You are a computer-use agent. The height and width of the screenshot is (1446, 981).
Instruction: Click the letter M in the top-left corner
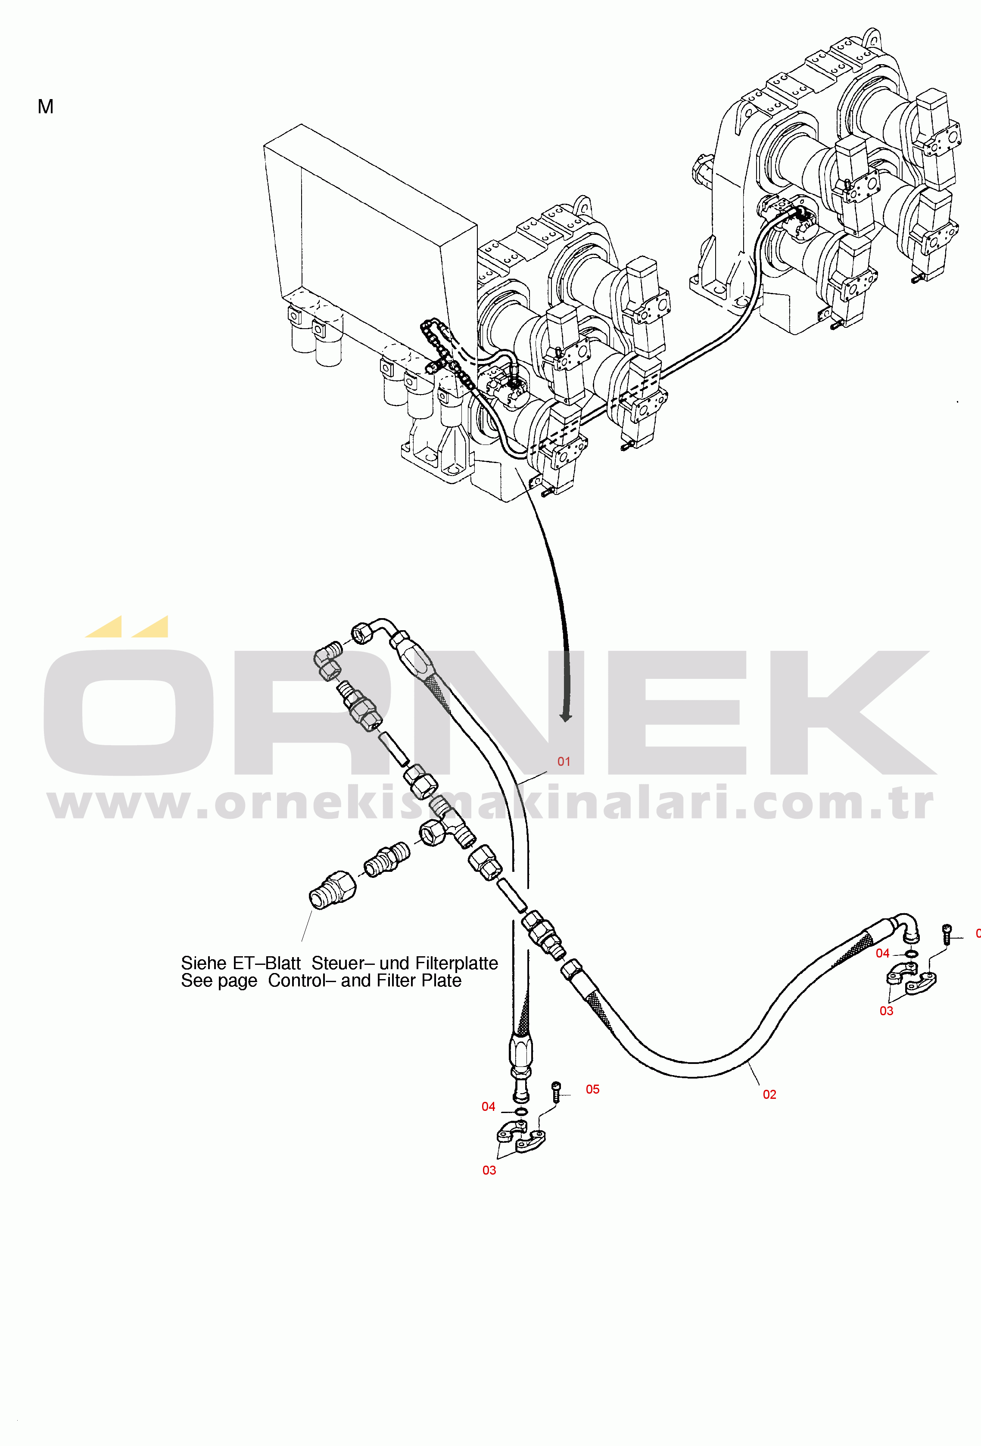[45, 107]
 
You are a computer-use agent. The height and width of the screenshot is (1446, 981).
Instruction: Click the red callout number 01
[564, 762]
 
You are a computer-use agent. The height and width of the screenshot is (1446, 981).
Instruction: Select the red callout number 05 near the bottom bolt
[592, 1089]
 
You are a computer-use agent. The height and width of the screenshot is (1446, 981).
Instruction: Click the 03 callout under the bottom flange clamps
[489, 1170]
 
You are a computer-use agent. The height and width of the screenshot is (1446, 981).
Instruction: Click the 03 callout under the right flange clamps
[886, 1011]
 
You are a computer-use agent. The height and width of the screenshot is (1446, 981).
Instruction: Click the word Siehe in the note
[203, 963]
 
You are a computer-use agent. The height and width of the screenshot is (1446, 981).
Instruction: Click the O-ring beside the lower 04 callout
[521, 1112]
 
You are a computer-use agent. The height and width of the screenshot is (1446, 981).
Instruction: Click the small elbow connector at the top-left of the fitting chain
[328, 660]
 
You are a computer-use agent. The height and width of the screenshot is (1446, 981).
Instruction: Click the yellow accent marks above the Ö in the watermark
[128, 627]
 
